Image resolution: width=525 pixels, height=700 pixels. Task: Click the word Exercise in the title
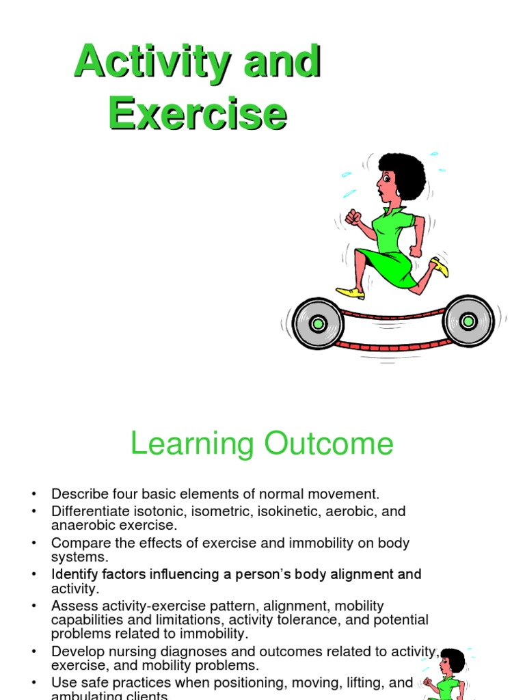[x=197, y=113]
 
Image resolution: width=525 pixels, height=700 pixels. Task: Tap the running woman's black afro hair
[x=404, y=174]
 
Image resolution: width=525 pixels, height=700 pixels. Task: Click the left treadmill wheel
[x=317, y=323]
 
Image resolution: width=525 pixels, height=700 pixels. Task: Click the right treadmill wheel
[x=468, y=321]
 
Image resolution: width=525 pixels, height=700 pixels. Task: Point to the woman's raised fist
[x=353, y=217]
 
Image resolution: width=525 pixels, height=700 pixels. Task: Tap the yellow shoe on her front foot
[x=351, y=292]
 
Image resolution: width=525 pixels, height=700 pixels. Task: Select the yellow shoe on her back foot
[x=440, y=267]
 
